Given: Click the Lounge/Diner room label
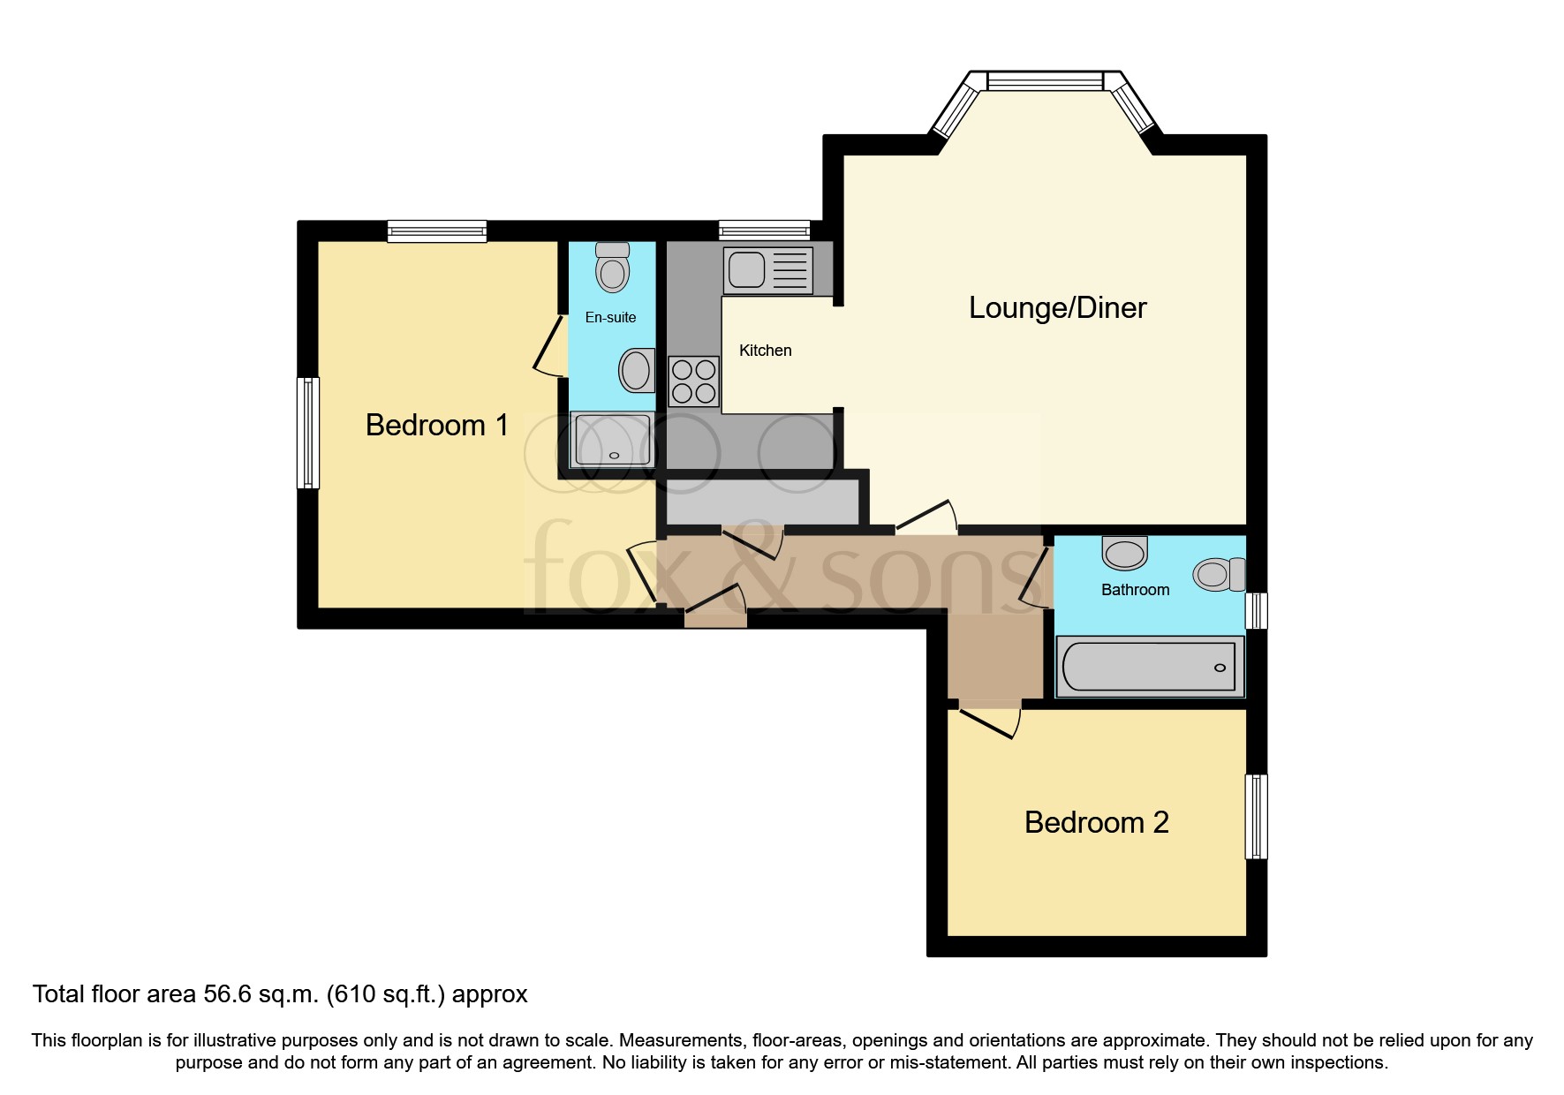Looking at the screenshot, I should [1057, 307].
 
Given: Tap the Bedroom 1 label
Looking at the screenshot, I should [436, 426].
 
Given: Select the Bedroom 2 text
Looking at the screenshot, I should [1096, 823].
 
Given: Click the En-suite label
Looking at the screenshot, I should [610, 317].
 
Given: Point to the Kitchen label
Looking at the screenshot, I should [765, 351].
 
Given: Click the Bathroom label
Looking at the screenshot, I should [1135, 590].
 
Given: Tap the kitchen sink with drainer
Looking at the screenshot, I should [767, 270].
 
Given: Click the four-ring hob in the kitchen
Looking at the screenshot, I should [694, 381].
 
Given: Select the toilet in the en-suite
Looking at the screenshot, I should [612, 267].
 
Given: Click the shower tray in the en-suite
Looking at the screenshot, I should [612, 440].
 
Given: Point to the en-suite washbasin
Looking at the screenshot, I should [636, 371].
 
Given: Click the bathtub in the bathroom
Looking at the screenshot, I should [1149, 667].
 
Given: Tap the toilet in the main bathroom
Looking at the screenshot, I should [1218, 575].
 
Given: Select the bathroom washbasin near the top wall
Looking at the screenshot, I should [1124, 553].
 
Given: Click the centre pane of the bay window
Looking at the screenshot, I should [1045, 81].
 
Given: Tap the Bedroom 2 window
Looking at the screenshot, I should [1256, 817].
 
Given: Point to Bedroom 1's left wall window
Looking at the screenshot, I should [307, 433].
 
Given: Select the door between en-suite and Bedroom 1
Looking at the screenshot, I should [550, 346].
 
